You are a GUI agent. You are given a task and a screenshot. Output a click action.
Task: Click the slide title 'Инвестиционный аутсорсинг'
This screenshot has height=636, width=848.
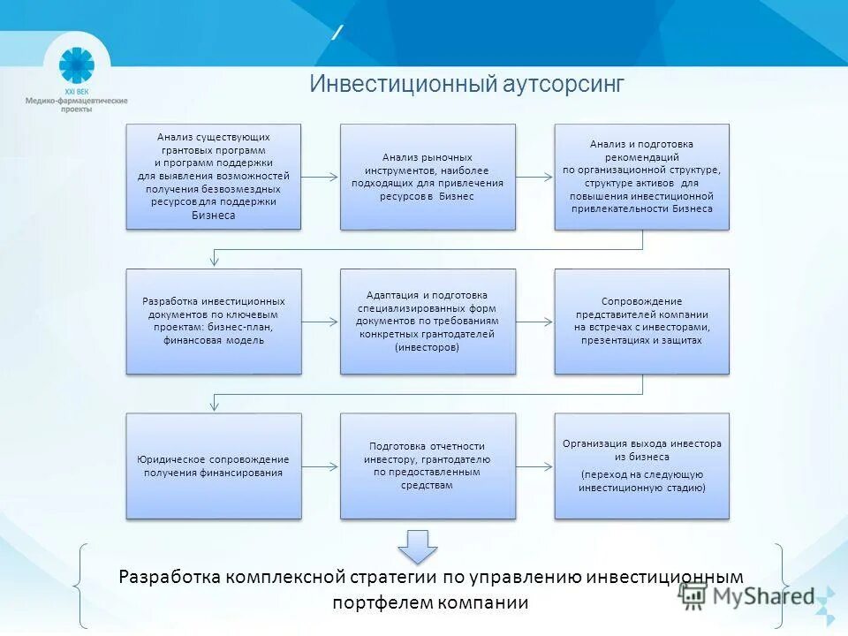466,84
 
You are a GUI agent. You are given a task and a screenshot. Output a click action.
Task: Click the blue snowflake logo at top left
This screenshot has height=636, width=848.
76,65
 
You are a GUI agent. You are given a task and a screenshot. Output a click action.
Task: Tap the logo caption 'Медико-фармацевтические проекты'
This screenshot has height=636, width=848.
76,104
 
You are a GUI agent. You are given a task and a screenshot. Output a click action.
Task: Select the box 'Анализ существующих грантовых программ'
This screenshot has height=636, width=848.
214,177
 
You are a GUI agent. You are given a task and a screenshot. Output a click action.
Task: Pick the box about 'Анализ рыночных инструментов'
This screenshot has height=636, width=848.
428,177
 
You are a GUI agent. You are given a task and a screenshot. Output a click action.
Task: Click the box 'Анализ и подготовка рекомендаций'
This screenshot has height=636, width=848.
641,177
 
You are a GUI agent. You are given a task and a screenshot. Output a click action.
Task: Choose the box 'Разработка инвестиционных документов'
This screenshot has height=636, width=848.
214,321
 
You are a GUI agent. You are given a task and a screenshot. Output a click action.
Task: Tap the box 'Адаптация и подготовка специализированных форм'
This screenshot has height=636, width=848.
428,321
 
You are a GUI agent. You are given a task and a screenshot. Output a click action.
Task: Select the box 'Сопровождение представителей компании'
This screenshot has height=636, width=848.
641,321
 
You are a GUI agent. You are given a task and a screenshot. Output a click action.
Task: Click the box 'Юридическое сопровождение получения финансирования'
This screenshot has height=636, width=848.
214,466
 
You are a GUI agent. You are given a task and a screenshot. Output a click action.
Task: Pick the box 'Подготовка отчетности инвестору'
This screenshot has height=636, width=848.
428,466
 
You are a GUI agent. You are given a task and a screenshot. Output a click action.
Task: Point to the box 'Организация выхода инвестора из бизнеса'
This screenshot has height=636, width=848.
641,466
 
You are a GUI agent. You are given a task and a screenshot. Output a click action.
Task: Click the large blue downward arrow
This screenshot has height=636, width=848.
417,547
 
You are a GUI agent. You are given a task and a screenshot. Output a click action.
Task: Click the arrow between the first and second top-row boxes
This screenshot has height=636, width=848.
321,177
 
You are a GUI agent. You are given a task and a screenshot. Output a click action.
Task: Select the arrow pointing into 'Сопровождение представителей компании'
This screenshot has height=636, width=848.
534,322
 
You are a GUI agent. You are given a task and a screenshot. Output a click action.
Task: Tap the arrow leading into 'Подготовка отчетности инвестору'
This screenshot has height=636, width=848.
321,466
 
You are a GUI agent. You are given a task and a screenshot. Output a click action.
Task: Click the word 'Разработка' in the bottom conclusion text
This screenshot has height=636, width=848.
169,577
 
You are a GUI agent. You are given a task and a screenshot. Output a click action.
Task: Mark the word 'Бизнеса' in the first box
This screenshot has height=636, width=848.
214,215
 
